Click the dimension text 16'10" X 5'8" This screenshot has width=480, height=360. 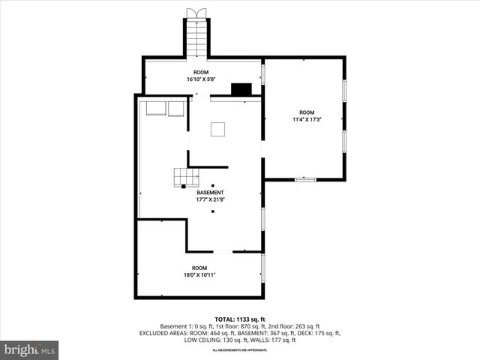pos(202,79)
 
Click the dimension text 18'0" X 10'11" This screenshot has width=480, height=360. pos(199,274)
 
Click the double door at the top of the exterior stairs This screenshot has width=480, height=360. pos(197,13)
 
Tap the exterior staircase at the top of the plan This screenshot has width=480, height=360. pos(197,38)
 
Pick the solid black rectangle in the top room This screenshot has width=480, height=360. pos(241,89)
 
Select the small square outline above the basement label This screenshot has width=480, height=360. pos(218,129)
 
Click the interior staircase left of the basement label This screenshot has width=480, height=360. pos(186,177)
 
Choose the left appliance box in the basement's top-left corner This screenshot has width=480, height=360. pos(156,109)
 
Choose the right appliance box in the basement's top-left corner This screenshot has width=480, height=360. pos(176,109)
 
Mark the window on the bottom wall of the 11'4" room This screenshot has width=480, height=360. pos(304,179)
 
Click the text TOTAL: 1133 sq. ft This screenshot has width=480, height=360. pos(239,318)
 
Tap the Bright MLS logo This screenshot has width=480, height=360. pos(29,349)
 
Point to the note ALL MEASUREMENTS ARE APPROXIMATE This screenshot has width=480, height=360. pos(239,350)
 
